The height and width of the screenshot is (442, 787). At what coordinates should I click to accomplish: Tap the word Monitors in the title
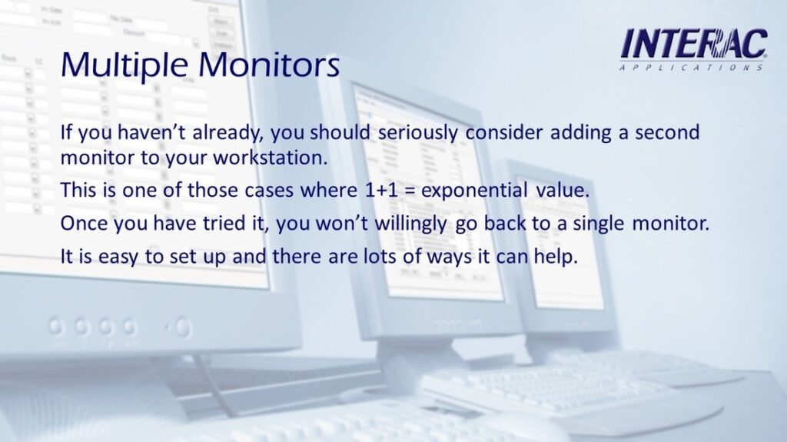click(x=269, y=65)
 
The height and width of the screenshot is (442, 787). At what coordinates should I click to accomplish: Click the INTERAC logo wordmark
click(x=694, y=45)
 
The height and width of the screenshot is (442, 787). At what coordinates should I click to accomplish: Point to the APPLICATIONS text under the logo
click(x=691, y=68)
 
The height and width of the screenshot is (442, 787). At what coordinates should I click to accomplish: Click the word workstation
click(x=271, y=158)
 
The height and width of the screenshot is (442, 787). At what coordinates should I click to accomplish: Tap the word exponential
click(x=474, y=191)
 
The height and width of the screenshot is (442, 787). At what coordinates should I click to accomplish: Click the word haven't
click(x=152, y=132)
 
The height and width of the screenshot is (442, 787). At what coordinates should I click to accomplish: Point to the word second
click(x=667, y=132)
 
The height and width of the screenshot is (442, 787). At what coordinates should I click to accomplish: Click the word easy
click(x=118, y=258)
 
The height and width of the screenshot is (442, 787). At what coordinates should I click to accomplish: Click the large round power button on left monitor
click(x=183, y=327)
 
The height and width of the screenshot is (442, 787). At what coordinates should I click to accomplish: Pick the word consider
click(x=504, y=132)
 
